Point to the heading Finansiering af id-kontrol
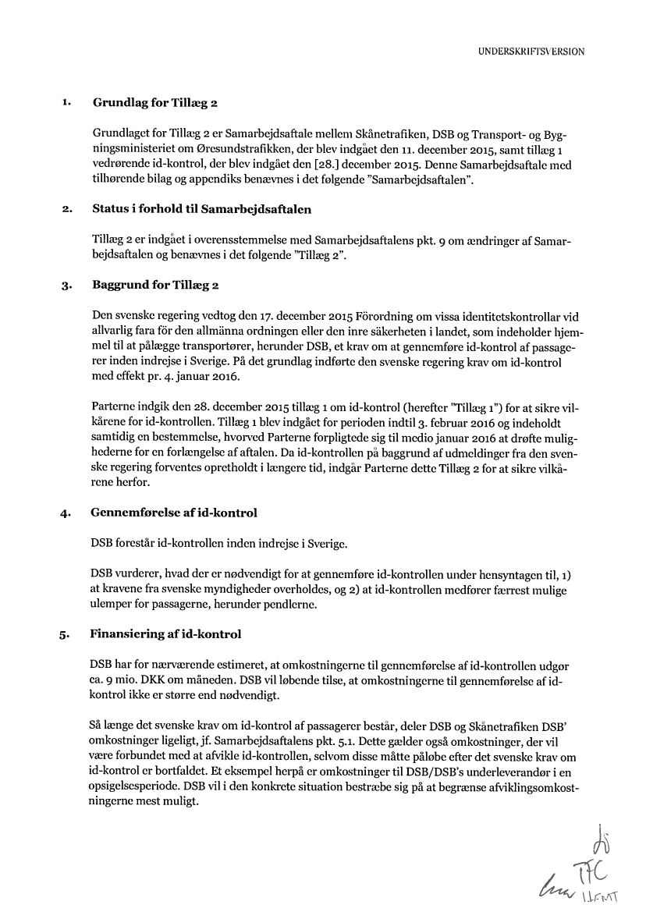tap(166, 634)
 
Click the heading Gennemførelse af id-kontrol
tap(174, 513)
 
